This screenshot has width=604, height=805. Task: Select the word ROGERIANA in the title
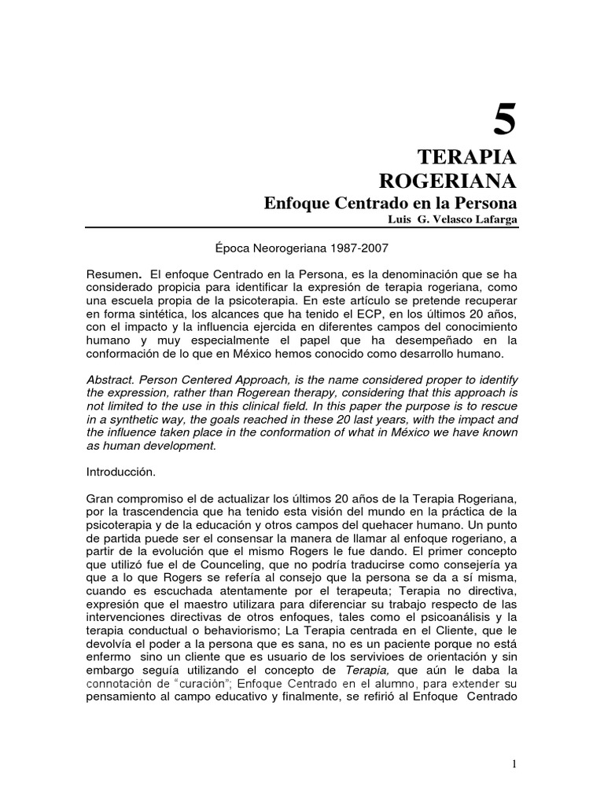coord(448,182)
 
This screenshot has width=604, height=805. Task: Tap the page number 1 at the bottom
coord(512,763)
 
